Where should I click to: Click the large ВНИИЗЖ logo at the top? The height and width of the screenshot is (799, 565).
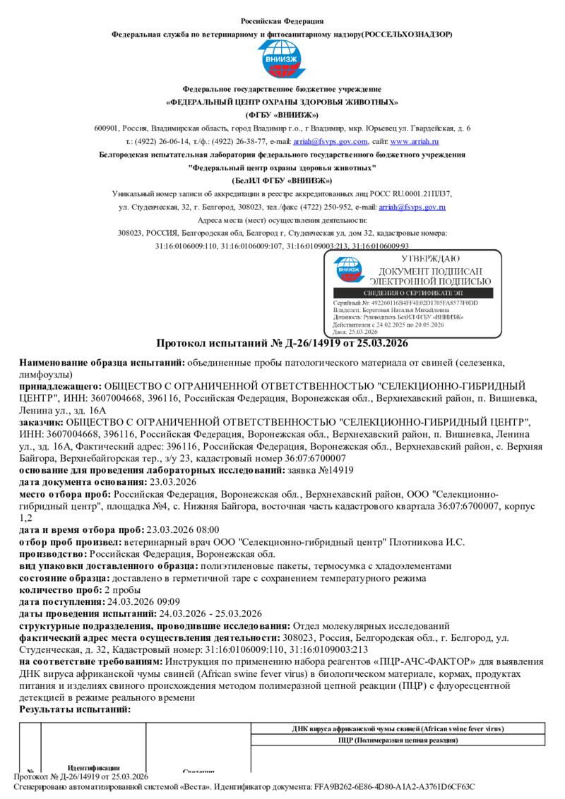pos(282,59)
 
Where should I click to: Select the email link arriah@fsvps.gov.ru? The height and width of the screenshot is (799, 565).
pos(412,207)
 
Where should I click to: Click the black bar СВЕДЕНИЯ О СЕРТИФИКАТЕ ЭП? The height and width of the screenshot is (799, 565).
pos(415,293)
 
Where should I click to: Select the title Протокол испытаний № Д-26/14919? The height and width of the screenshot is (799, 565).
pos(282,344)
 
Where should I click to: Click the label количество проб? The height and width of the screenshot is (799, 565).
pos(60,589)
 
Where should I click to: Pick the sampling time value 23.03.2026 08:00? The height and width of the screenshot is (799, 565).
pos(182,529)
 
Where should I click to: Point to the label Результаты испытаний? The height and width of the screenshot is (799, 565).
pos(75,709)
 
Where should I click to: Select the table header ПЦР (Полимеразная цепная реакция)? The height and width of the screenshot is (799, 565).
pos(398,740)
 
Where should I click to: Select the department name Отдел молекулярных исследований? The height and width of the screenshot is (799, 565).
pos(371,625)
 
